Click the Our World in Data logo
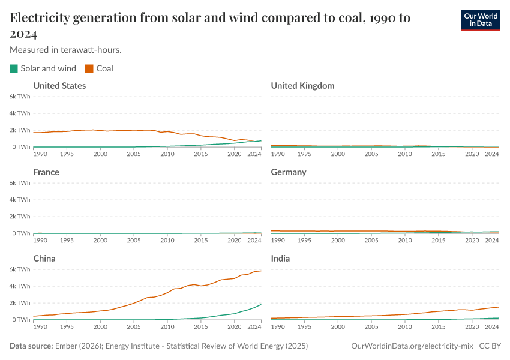click(x=480, y=20)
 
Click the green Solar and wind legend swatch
click(x=14, y=68)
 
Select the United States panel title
click(x=59, y=86)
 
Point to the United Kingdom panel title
click(x=302, y=86)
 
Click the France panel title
click(x=46, y=172)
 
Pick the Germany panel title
click(x=289, y=172)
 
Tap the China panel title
click(x=45, y=259)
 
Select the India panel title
click(x=281, y=259)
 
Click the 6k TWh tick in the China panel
click(x=20, y=269)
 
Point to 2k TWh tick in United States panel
click(x=20, y=130)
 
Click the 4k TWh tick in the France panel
click(x=20, y=200)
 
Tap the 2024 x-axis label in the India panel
click(x=492, y=327)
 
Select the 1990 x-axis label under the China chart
click(x=40, y=327)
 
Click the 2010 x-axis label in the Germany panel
click(x=406, y=241)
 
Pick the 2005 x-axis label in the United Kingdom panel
click(x=372, y=154)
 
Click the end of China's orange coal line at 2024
click(x=261, y=271)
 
